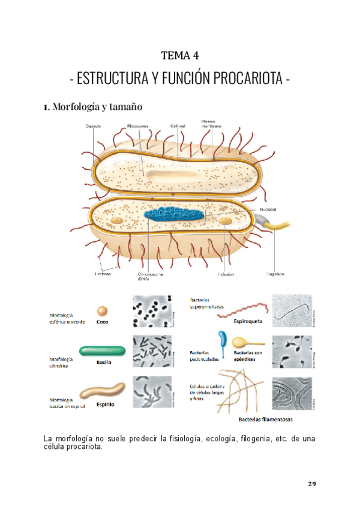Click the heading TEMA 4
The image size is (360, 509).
tap(180, 56)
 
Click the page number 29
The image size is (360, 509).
tap(311, 484)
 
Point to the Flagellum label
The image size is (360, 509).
tap(275, 274)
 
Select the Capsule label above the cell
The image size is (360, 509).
tap(92, 126)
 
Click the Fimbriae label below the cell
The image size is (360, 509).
tap(102, 274)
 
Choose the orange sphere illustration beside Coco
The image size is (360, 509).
tap(103, 311)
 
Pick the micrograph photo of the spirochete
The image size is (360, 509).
tap(292, 310)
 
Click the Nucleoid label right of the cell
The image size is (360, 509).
tap(268, 209)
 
